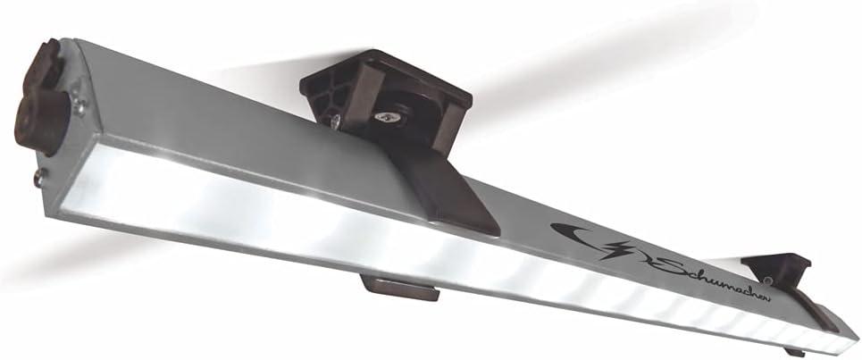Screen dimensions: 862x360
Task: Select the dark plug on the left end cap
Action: click(41, 98)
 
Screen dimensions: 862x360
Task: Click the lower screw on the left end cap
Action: click(39, 177)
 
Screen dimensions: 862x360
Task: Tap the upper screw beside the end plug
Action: click(80, 104)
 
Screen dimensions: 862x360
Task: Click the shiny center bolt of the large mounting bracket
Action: click(386, 116)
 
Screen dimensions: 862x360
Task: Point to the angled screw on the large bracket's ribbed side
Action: click(335, 121)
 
